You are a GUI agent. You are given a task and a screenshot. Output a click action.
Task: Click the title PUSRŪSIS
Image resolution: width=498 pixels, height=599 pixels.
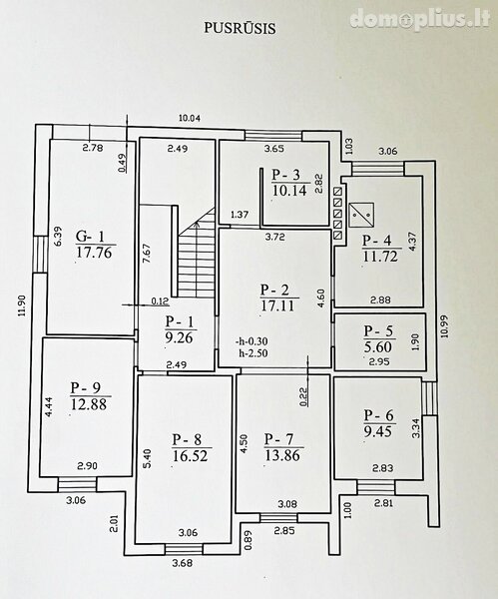click(240, 28)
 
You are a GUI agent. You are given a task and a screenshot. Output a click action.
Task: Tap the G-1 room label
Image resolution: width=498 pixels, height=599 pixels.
click(90, 236)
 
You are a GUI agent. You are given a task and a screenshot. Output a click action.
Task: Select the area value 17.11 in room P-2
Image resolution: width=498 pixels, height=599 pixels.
click(277, 305)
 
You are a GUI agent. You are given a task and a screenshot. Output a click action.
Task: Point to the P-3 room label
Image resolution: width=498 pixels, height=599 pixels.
click(286, 175)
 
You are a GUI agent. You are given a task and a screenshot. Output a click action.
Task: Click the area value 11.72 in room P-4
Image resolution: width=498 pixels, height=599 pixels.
click(380, 256)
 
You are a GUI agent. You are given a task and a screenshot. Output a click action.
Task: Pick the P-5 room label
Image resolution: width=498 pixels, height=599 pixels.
click(378, 330)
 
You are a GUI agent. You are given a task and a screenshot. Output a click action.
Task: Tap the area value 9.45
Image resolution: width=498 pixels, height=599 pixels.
click(377, 431)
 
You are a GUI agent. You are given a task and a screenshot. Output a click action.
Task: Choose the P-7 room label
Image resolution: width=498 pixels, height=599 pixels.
click(278, 439)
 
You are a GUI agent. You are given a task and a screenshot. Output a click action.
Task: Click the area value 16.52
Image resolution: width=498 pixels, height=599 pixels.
click(190, 455)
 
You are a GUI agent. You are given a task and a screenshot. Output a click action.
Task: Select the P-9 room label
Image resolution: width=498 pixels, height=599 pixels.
click(85, 387)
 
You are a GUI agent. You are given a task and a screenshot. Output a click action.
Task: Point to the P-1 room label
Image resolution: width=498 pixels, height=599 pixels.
click(180, 321)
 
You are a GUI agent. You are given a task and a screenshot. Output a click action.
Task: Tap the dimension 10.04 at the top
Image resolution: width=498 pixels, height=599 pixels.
click(190, 118)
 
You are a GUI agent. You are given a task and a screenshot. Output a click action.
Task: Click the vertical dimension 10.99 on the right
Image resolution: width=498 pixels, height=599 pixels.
click(444, 325)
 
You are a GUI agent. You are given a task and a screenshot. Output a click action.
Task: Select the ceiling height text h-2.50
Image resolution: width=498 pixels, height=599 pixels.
click(253, 353)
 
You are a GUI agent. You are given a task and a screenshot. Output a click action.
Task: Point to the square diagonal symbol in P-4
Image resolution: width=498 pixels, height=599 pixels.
click(361, 215)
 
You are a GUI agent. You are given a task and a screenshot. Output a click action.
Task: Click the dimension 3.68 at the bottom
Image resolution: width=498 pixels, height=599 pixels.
click(183, 563)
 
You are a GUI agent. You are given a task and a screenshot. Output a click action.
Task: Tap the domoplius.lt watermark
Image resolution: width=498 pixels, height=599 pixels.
click(420, 19)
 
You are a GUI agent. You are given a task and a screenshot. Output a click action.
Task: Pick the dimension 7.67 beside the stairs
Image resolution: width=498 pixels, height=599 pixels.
click(147, 254)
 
